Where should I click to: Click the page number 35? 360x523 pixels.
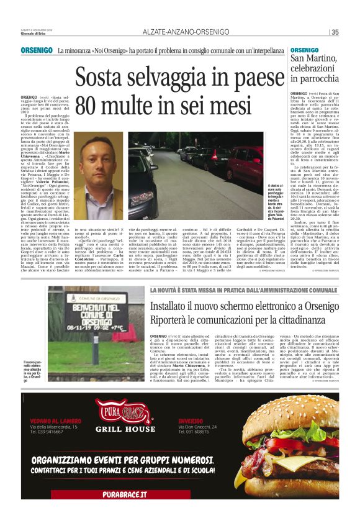(x=335, y=32)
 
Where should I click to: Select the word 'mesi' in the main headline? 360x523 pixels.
(x=254, y=106)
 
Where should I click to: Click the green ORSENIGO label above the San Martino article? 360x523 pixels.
(x=305, y=49)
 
